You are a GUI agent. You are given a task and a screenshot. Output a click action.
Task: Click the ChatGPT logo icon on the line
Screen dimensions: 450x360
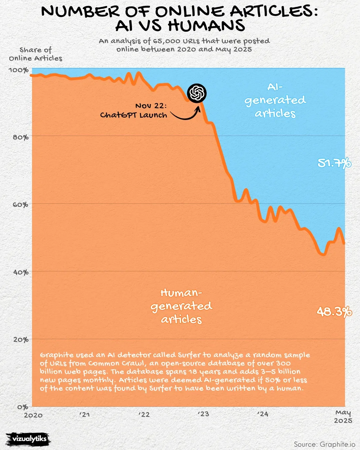(x=197, y=93)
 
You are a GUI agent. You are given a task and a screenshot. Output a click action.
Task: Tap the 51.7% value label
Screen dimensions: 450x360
(x=334, y=163)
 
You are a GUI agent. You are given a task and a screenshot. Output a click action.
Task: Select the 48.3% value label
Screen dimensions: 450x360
(x=334, y=312)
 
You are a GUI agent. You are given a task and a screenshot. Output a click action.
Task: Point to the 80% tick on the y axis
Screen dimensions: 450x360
(x=21, y=137)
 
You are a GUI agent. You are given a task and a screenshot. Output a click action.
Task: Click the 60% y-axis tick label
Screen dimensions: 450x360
(x=21, y=205)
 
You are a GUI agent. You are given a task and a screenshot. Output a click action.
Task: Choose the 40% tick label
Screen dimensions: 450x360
(x=21, y=272)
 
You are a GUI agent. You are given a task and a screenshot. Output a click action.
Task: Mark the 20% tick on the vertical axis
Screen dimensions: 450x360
(x=21, y=340)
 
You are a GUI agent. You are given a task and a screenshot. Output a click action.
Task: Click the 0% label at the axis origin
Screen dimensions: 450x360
(x=23, y=407)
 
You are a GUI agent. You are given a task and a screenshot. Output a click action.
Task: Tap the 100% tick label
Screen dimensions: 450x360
(x=19, y=70)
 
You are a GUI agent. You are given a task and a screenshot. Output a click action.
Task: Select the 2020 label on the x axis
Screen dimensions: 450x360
(x=33, y=415)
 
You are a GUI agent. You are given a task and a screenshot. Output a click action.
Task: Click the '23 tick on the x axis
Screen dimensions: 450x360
(x=203, y=414)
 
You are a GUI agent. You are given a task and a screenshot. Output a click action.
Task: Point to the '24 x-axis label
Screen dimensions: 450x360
(x=262, y=414)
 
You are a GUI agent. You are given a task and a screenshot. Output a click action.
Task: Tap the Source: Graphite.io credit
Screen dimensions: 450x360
(x=324, y=444)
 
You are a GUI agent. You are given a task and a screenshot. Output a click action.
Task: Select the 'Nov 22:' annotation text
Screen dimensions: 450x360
(x=151, y=106)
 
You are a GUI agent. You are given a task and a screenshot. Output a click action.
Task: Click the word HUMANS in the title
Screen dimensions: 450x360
(x=206, y=25)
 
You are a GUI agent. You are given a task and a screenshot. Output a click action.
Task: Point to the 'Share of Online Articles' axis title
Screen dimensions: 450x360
(x=36, y=54)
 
